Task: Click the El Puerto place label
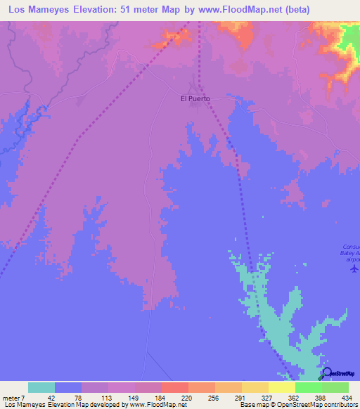click(195, 99)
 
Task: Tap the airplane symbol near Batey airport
click(354, 268)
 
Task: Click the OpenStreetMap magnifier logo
click(326, 373)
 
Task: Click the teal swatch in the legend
click(41, 387)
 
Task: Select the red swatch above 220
click(174, 387)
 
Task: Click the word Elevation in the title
click(98, 9)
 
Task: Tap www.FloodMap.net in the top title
click(247, 9)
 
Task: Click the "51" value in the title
click(132, 9)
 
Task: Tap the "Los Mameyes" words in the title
click(38, 9)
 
